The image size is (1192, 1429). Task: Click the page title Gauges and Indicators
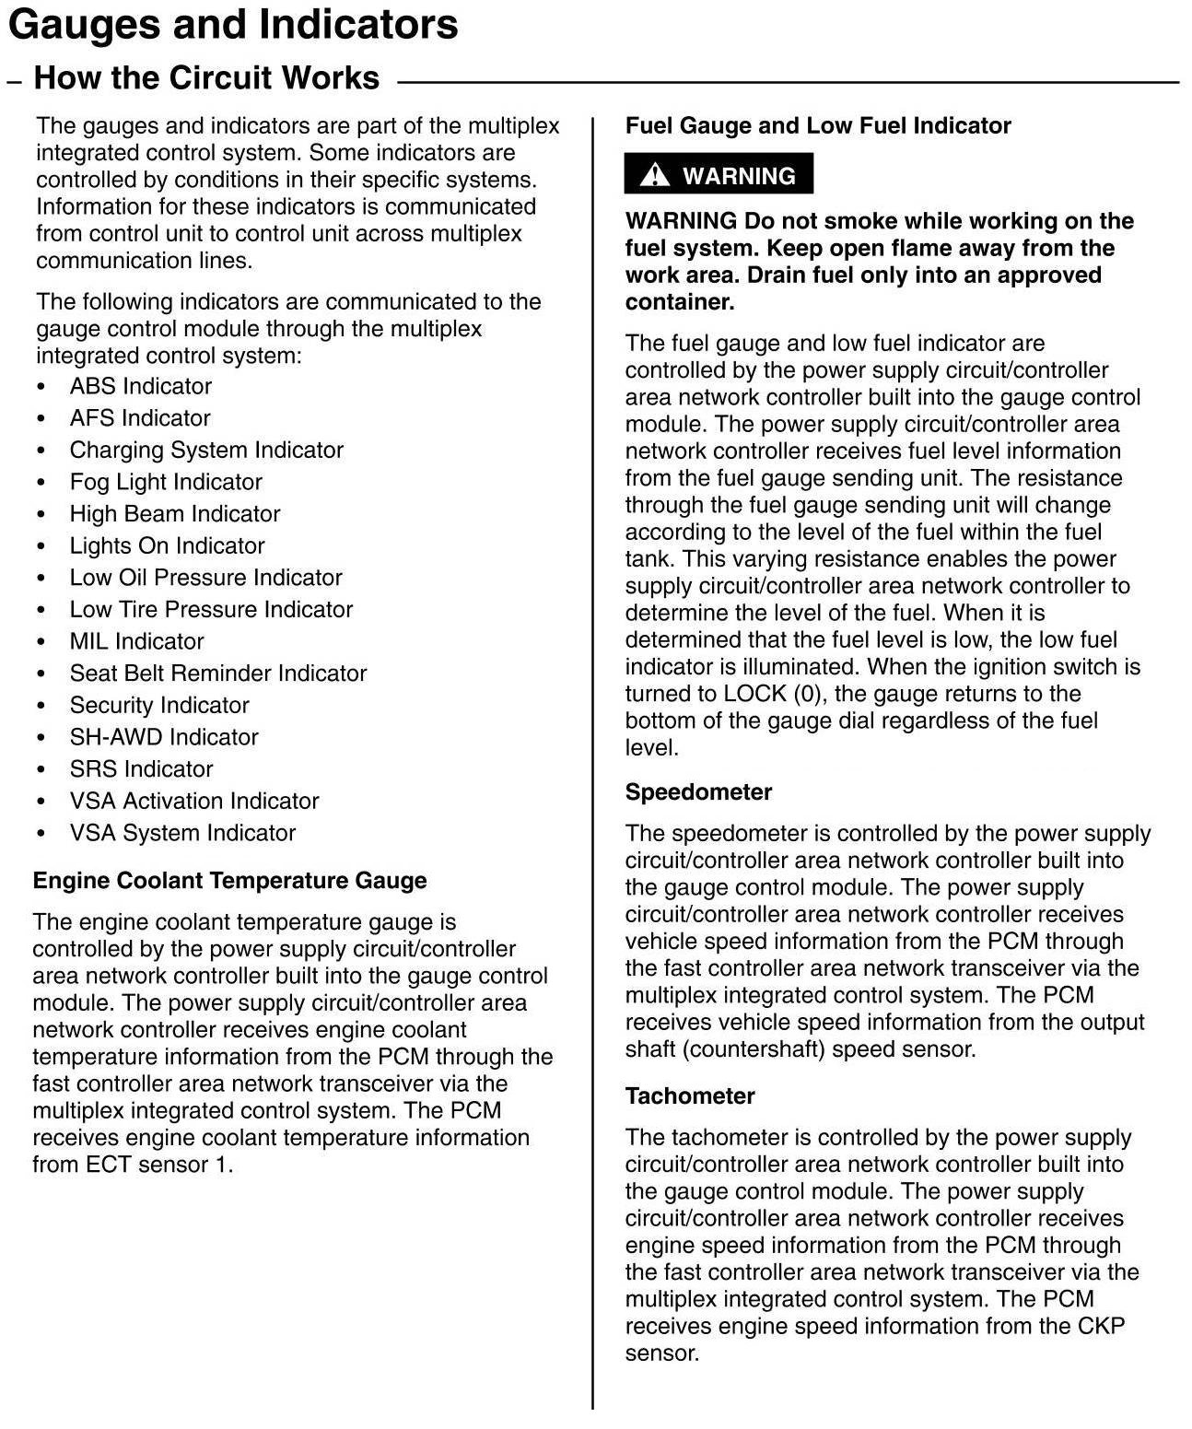click(233, 25)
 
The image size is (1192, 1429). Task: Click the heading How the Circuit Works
click(206, 78)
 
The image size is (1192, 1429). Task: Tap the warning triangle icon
click(655, 174)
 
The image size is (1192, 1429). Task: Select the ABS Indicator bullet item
click(140, 386)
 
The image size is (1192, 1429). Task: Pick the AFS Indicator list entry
click(140, 418)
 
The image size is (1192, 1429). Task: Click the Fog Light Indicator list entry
click(166, 482)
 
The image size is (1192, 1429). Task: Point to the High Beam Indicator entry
click(175, 514)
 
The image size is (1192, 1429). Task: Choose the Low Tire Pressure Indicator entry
click(211, 610)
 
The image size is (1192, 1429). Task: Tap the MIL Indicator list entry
click(136, 641)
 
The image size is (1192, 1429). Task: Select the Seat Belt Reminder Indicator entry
click(218, 674)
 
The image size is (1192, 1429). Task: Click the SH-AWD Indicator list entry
click(164, 737)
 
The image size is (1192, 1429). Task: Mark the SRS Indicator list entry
click(141, 769)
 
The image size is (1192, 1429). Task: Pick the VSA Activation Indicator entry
click(194, 802)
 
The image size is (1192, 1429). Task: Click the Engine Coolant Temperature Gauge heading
click(229, 881)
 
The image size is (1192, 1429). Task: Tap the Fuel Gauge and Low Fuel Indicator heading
click(818, 126)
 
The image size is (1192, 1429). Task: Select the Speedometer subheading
click(698, 792)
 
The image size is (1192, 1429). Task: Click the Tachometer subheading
click(690, 1096)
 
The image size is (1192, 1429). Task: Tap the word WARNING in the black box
click(739, 176)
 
